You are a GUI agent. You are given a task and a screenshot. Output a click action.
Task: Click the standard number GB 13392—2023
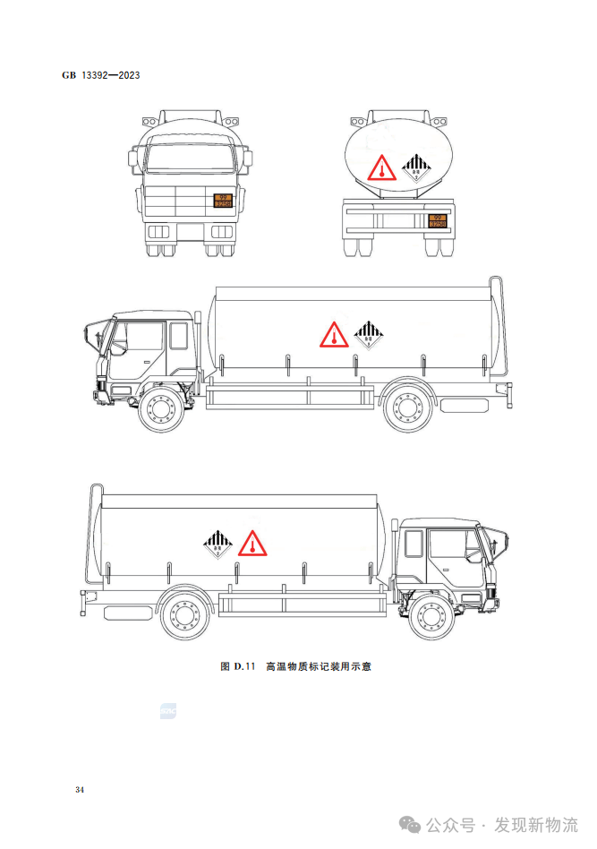pos(100,75)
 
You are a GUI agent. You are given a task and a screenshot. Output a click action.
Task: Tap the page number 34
pos(80,790)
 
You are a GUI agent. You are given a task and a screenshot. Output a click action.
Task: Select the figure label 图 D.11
pos(238,666)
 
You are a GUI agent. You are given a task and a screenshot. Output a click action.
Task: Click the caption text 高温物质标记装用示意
pos(318,666)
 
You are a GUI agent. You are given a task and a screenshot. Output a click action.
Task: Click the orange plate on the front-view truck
pos(223,201)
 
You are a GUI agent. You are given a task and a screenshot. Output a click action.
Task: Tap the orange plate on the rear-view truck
pos(438,219)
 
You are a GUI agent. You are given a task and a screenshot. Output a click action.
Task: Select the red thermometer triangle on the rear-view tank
pos(380,169)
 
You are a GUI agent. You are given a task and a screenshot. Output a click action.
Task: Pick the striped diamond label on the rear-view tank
pos(414,167)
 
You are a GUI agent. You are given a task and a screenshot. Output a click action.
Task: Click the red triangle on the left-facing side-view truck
pos(333,335)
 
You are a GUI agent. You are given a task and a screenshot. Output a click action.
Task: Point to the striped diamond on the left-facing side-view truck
pos(368,335)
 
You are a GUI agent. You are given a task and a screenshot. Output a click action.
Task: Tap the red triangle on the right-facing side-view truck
pos(253,543)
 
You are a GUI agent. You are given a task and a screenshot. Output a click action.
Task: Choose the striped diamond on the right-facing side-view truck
pos(217,543)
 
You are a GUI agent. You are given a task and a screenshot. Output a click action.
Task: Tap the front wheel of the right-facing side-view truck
pos(433,618)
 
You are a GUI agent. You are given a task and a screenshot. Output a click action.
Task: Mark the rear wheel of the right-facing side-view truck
pos(187,618)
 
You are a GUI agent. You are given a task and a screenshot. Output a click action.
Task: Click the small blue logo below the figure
pos(168,711)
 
